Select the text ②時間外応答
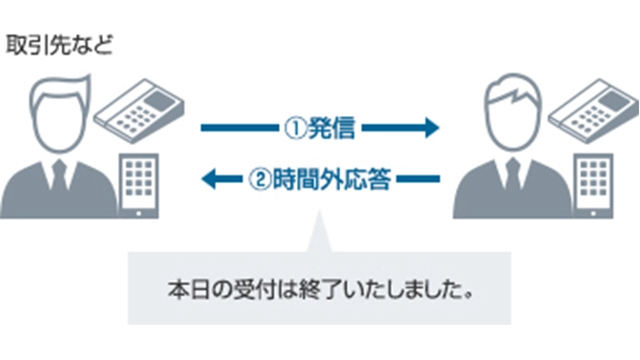tap(319, 177)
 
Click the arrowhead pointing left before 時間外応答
tap(211, 177)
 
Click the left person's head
tap(61, 111)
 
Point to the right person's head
tap(510, 111)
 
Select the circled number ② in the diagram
tap(258, 177)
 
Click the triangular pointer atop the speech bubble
tap(320, 238)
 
